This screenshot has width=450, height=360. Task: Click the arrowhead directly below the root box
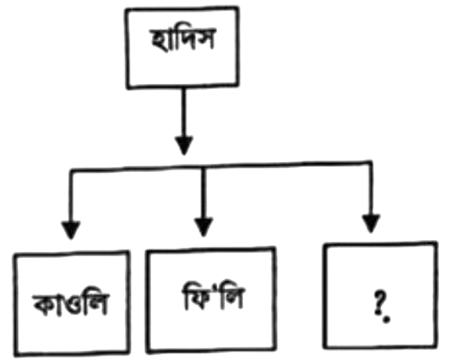click(181, 143)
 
